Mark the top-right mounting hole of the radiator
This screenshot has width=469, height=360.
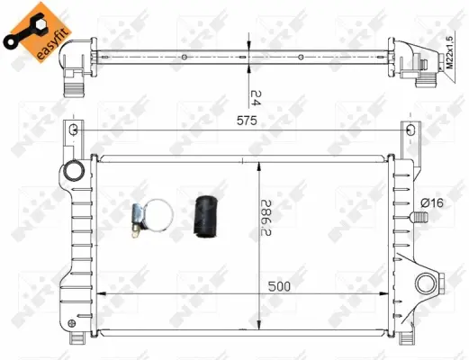point(411,131)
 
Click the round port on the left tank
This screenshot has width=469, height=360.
point(73,173)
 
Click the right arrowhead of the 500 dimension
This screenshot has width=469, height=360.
point(386,294)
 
